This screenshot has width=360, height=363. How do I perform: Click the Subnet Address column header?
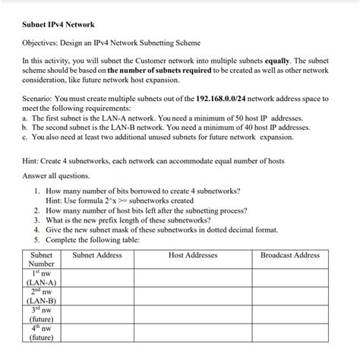tap(97, 255)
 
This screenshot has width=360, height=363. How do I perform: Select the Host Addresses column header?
tap(193, 255)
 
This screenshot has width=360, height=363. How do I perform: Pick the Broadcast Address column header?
tap(289, 255)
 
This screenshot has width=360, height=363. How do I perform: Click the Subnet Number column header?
tap(41, 260)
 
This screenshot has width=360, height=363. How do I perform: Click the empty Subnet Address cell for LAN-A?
tap(97, 278)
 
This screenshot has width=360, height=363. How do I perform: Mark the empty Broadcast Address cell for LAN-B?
tap(289, 296)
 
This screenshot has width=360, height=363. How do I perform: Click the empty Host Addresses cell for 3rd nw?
tap(193, 314)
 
